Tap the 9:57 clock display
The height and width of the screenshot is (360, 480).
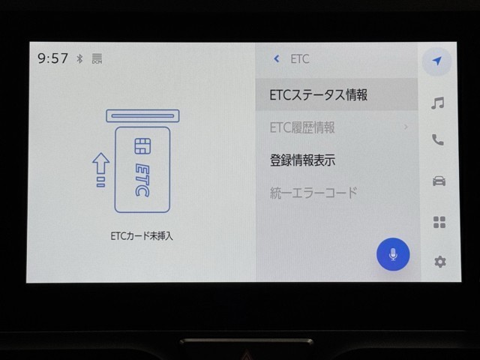pos(52,58)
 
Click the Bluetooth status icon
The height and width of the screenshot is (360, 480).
pos(79,58)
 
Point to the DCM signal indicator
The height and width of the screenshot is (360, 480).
pos(97,58)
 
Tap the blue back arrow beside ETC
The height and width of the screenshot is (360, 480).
pos(277,58)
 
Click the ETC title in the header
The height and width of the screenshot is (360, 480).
pos(300,58)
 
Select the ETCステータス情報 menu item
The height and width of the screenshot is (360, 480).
pos(318,95)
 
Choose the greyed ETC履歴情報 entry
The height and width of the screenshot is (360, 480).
pos(302,127)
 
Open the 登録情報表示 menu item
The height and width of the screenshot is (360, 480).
pos(302,160)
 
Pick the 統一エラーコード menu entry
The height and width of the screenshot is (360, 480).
pos(313,193)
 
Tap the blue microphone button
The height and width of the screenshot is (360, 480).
pos(393,254)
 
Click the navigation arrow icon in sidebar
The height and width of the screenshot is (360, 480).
pos(437,61)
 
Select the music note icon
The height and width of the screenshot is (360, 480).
pos(438,103)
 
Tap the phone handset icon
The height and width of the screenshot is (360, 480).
pos(438,140)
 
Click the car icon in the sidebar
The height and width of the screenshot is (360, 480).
pos(439,181)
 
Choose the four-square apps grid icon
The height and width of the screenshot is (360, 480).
pos(439,222)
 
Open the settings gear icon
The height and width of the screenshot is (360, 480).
pos(440,262)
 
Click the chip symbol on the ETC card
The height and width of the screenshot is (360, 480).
pos(142,146)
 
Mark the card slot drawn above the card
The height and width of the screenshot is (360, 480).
pos(142,116)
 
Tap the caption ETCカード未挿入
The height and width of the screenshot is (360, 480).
pos(142,236)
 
